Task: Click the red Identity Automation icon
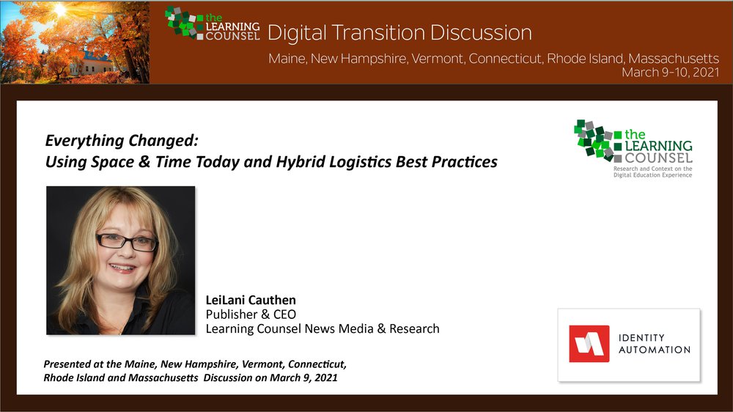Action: (589, 344)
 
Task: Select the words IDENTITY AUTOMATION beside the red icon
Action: (655, 344)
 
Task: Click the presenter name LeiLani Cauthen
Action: (251, 300)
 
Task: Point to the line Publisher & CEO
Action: (251, 314)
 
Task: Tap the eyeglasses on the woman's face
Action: (127, 242)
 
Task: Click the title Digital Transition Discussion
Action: (399, 33)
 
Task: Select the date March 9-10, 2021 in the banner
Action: (671, 73)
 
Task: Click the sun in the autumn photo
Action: (60, 9)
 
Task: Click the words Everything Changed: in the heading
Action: (122, 140)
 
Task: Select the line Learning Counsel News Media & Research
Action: (323, 328)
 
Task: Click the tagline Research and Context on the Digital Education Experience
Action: (652, 172)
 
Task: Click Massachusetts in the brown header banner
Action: (674, 59)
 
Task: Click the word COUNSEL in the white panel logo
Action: (659, 158)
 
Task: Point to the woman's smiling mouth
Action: (122, 268)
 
